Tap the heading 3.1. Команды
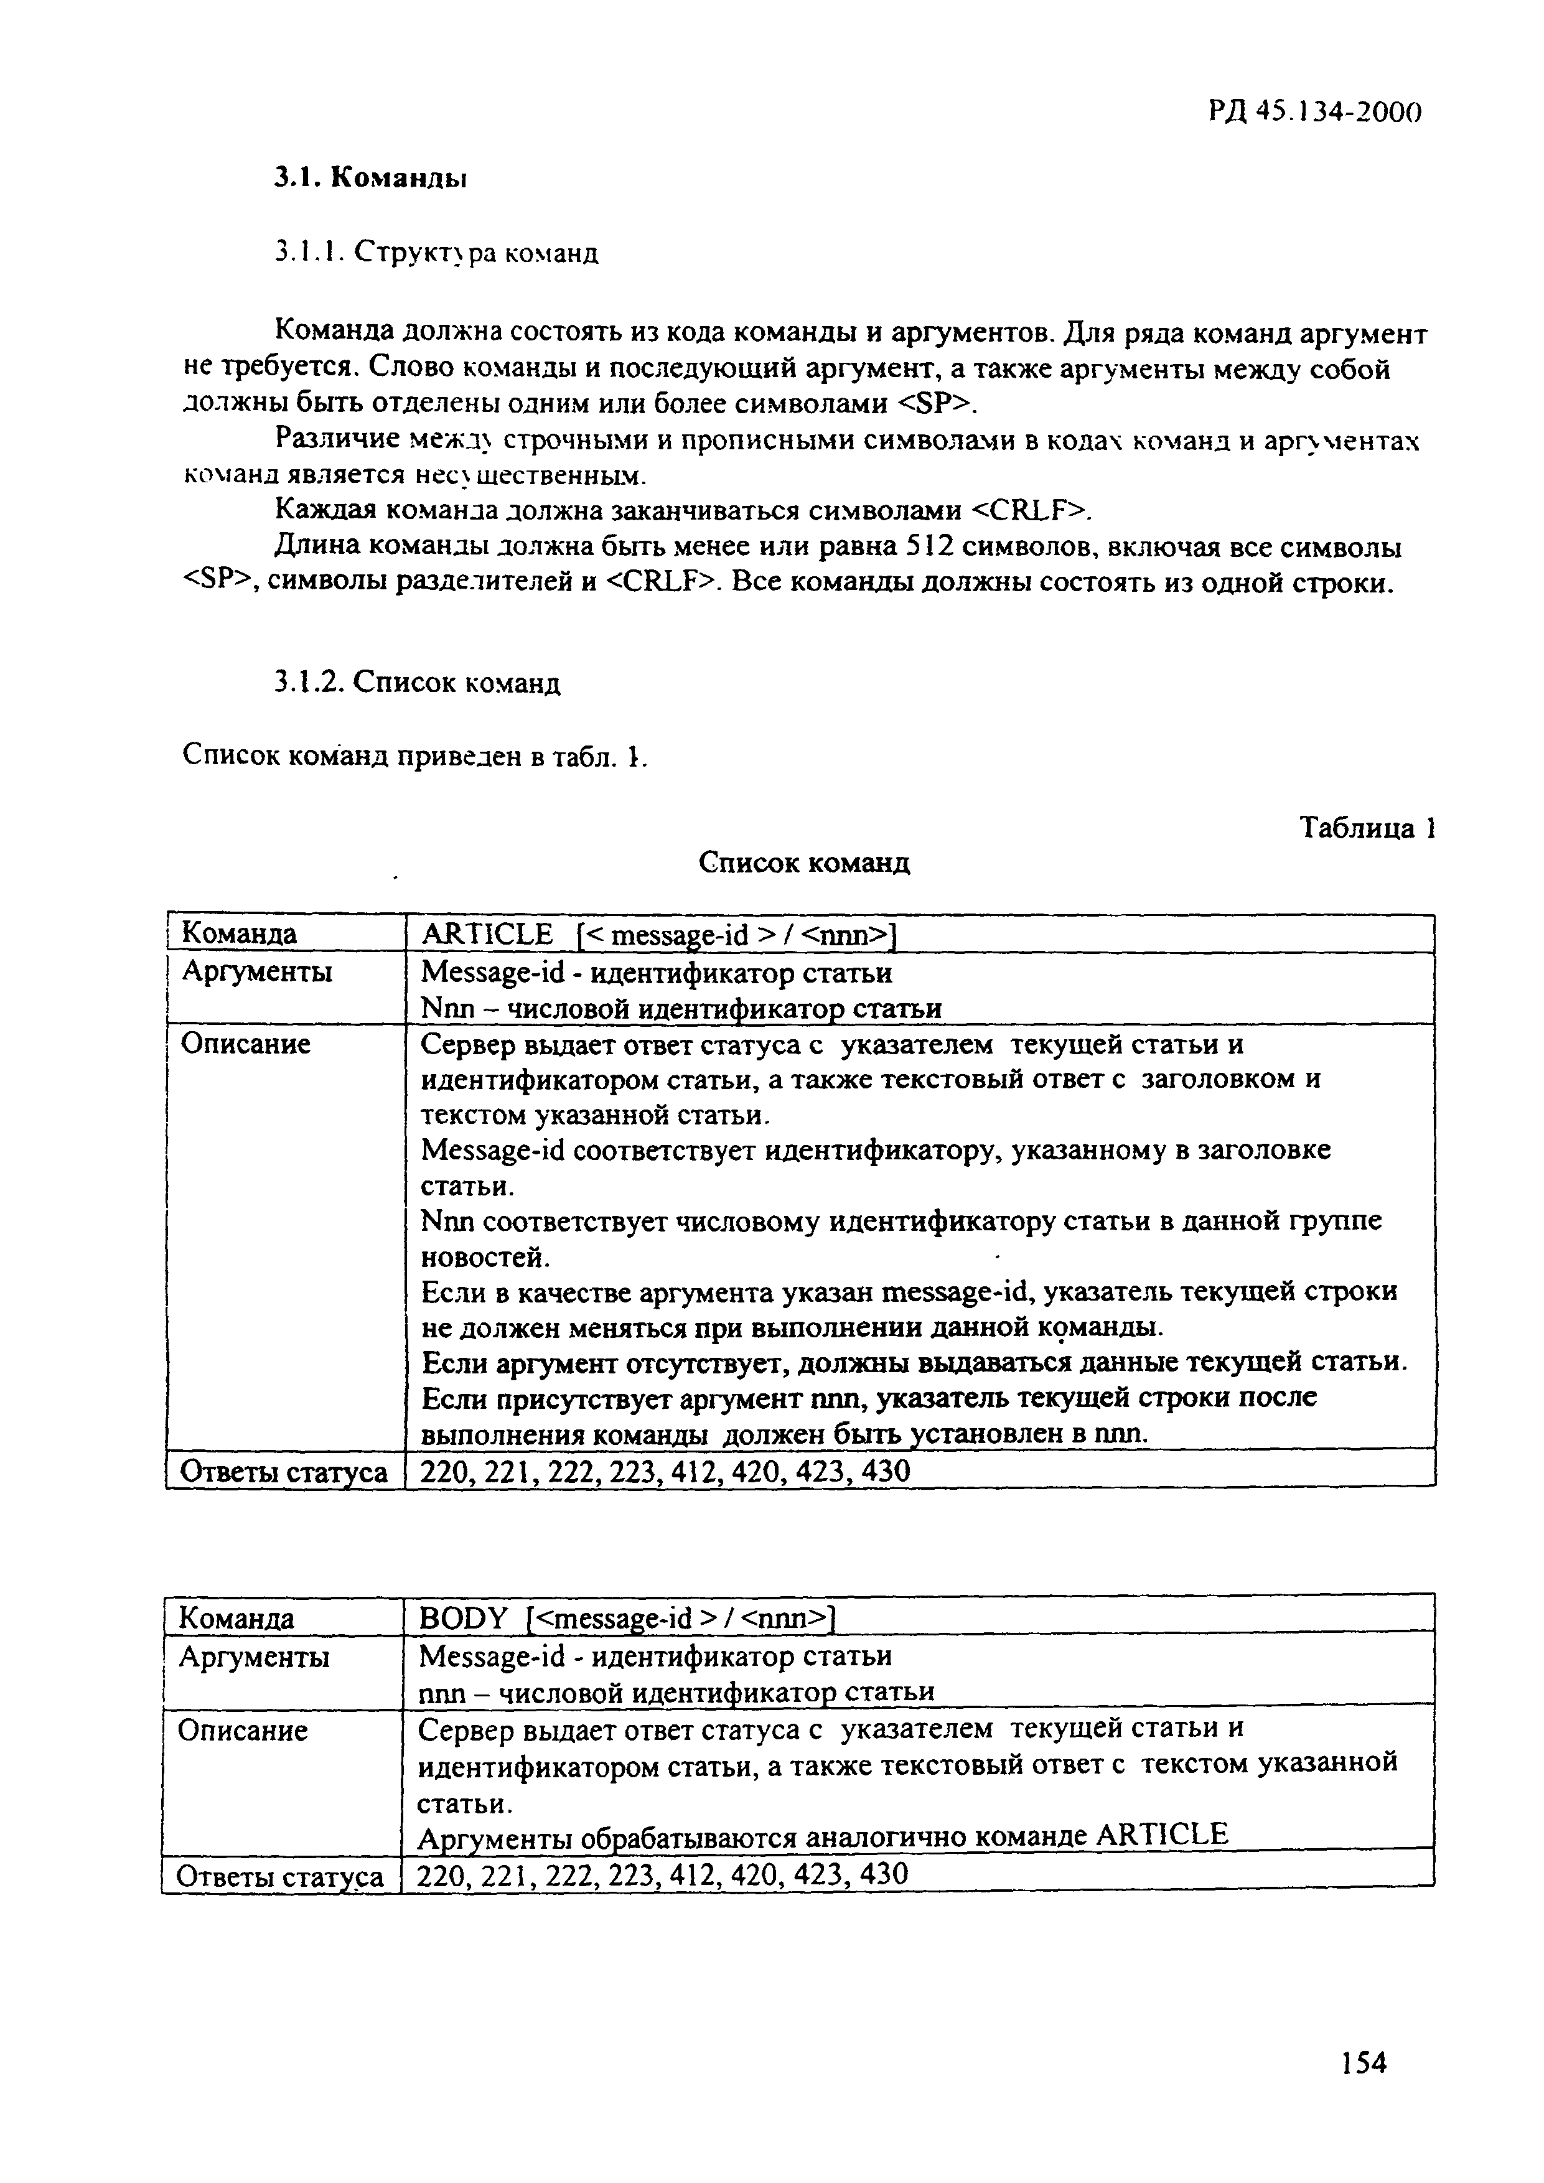(x=371, y=178)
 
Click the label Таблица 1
(x=1366, y=828)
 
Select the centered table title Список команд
(x=804, y=862)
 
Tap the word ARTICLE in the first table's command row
(x=487, y=935)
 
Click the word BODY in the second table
(x=465, y=1617)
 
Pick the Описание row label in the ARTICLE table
(x=245, y=1044)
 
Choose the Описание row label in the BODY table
(x=243, y=1731)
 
